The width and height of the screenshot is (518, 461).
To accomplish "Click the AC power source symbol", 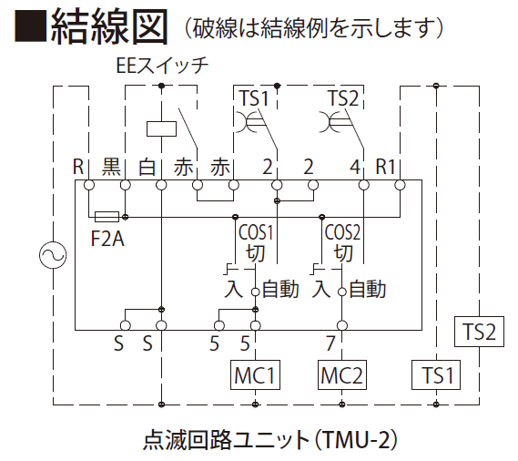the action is pyautogui.click(x=53, y=255).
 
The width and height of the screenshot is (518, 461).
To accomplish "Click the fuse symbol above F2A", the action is pyautogui.click(x=107, y=217).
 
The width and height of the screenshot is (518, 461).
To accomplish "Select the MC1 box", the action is pyautogui.click(x=255, y=374).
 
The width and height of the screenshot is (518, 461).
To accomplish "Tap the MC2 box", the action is pyautogui.click(x=342, y=374).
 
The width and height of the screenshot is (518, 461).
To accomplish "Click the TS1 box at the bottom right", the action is pyautogui.click(x=436, y=374).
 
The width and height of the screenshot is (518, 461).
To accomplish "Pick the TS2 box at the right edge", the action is pyautogui.click(x=479, y=332).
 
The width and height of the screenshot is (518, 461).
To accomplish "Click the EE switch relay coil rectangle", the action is pyautogui.click(x=161, y=128).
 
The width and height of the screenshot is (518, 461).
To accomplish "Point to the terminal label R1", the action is pyautogui.click(x=385, y=166).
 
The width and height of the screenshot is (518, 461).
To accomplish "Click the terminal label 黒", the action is pyautogui.click(x=111, y=167).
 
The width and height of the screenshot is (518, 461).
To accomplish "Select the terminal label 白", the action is pyautogui.click(x=147, y=167).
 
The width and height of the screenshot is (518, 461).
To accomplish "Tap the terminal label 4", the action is pyautogui.click(x=355, y=167).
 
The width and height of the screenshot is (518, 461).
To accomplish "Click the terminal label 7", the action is pyautogui.click(x=330, y=343).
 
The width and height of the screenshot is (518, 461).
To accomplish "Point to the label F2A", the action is pyautogui.click(x=107, y=239).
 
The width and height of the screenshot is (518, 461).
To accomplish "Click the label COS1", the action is pyautogui.click(x=256, y=232).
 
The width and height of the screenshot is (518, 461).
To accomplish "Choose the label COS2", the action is pyautogui.click(x=342, y=232).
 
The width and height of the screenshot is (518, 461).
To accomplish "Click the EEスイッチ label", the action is pyautogui.click(x=162, y=66).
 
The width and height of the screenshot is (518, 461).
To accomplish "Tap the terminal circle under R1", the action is pyautogui.click(x=400, y=185).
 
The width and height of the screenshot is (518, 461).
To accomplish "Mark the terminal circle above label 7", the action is pyautogui.click(x=342, y=326).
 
